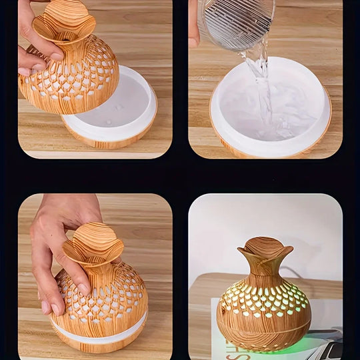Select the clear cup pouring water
tap(237, 23)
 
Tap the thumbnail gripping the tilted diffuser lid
tap(25, 71)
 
